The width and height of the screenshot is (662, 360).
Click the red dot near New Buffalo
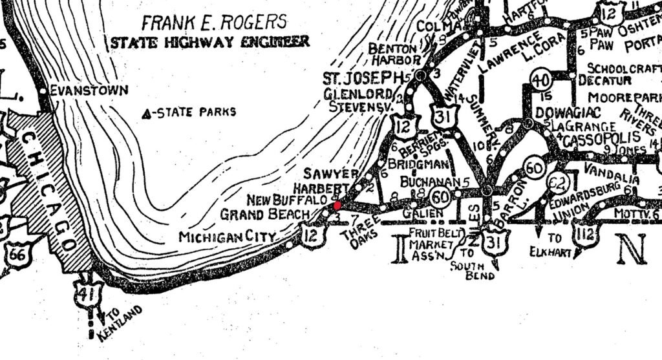337,205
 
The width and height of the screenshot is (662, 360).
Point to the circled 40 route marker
540,81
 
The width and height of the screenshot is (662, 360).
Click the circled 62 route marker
556,184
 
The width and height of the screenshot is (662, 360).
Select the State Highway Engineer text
209,43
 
